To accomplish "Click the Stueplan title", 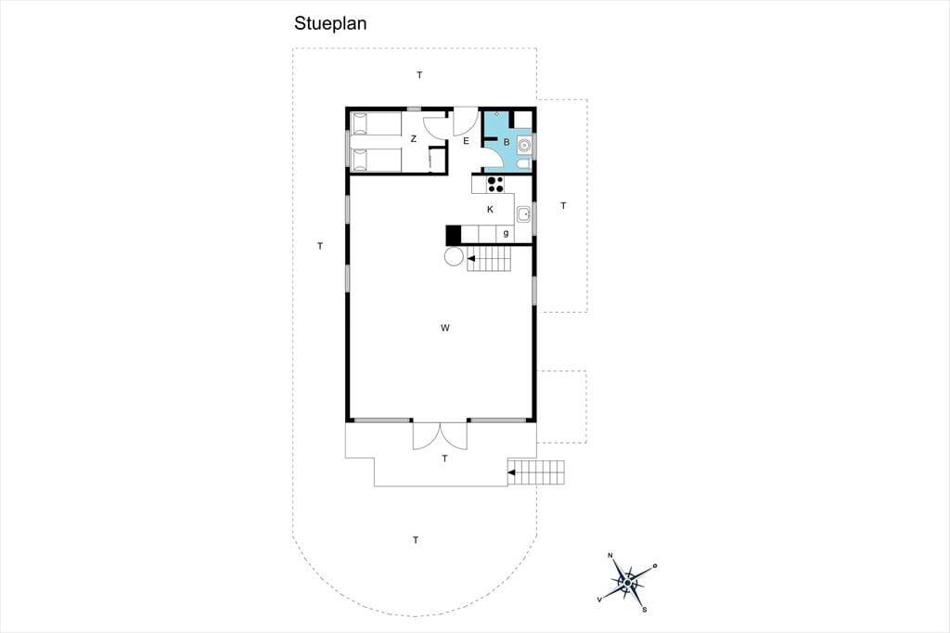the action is click(x=330, y=23).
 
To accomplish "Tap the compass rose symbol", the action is click(x=628, y=583).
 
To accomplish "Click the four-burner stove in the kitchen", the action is click(x=495, y=184).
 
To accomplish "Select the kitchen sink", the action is click(x=523, y=214).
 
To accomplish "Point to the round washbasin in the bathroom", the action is click(x=523, y=145).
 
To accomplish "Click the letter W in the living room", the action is click(x=445, y=328).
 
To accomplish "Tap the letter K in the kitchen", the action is click(x=490, y=210).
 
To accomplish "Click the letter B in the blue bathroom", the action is click(x=507, y=142).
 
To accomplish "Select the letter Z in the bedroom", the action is click(x=414, y=139).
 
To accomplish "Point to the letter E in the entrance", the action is click(x=466, y=141).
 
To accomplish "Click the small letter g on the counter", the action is click(x=506, y=234).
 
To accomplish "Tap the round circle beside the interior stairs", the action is click(x=454, y=257).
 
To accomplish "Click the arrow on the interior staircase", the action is click(x=471, y=259).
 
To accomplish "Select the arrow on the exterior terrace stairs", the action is click(x=512, y=473).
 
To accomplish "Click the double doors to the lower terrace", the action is click(x=441, y=435).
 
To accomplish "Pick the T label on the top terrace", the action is click(x=419, y=75).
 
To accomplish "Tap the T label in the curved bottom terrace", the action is click(x=416, y=539).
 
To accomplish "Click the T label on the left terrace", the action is click(x=320, y=246).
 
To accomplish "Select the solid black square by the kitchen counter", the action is click(x=453, y=235).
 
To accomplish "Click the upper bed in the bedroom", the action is click(x=376, y=123).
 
